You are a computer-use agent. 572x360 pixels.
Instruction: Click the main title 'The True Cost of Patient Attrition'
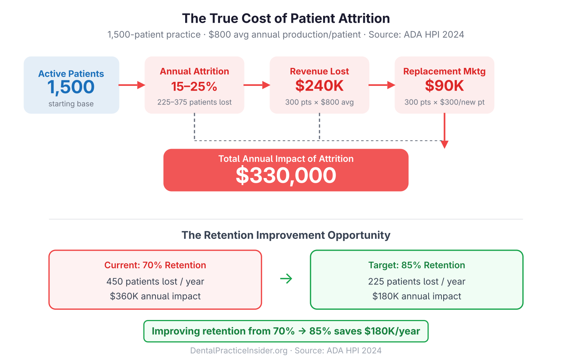pos(286,18)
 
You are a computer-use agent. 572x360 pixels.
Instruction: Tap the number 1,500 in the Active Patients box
pos(71,87)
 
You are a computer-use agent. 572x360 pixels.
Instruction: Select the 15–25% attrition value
pos(194,87)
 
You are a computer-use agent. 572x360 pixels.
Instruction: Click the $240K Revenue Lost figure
pos(319,86)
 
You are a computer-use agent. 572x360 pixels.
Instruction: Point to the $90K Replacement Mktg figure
pos(444,86)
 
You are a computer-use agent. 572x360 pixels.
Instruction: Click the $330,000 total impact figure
pos(286,175)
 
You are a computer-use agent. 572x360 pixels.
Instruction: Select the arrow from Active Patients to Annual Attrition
pos(132,85)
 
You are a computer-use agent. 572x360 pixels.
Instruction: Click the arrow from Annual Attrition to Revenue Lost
pos(257,85)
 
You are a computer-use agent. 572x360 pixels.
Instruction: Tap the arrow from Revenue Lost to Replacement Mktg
pos(382,85)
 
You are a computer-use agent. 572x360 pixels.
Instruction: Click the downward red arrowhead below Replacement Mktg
pos(444,144)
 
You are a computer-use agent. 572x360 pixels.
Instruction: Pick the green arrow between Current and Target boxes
pos(286,279)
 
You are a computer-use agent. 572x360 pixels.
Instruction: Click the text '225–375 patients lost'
pos(194,102)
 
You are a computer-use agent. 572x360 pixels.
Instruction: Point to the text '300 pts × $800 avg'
pos(319,102)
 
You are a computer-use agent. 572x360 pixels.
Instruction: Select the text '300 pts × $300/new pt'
pos(444,102)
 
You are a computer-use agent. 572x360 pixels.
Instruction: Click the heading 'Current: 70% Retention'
pos(155,265)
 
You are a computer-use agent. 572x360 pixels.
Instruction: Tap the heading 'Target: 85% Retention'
pos(417,265)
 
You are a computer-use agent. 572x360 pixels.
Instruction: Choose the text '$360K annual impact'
pos(155,296)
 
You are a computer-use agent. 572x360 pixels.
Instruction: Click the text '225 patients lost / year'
pos(417,281)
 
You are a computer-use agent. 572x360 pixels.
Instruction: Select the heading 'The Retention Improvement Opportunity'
pos(286,235)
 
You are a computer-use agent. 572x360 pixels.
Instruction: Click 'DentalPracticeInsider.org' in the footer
pos(239,351)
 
